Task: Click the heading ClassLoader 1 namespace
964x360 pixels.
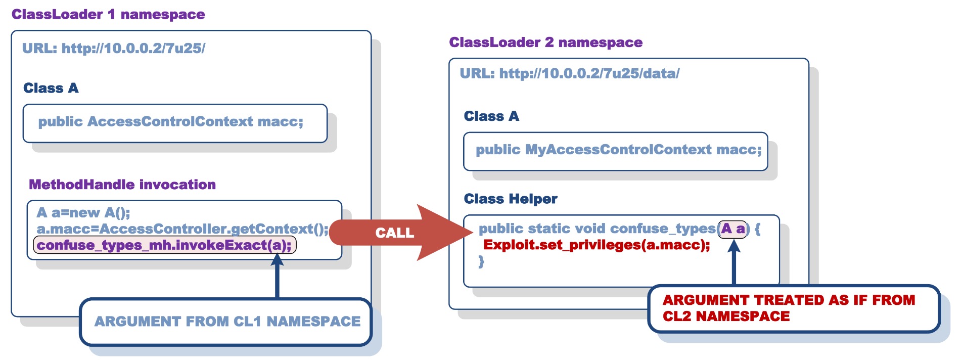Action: [x=108, y=14]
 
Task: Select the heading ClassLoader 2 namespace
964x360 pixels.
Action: [x=545, y=42]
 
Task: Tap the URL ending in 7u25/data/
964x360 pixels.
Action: [x=569, y=74]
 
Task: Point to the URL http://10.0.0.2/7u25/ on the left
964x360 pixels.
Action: [x=114, y=49]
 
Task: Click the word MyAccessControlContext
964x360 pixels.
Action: [x=618, y=150]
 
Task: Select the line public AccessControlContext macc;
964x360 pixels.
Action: [x=170, y=122]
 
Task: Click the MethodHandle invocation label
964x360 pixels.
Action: [x=122, y=185]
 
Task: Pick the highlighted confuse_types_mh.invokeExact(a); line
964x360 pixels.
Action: [x=164, y=245]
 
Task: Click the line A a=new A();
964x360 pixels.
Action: [x=83, y=213]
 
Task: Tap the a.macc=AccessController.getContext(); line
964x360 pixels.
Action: [x=182, y=229]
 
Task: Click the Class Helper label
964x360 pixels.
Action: [x=511, y=199]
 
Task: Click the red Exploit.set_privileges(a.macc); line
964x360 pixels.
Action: [x=596, y=245]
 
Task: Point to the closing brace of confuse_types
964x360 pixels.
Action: [x=481, y=261]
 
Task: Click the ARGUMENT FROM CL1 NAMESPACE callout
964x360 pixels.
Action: [x=227, y=322]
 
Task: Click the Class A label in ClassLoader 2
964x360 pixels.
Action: [x=491, y=116]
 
